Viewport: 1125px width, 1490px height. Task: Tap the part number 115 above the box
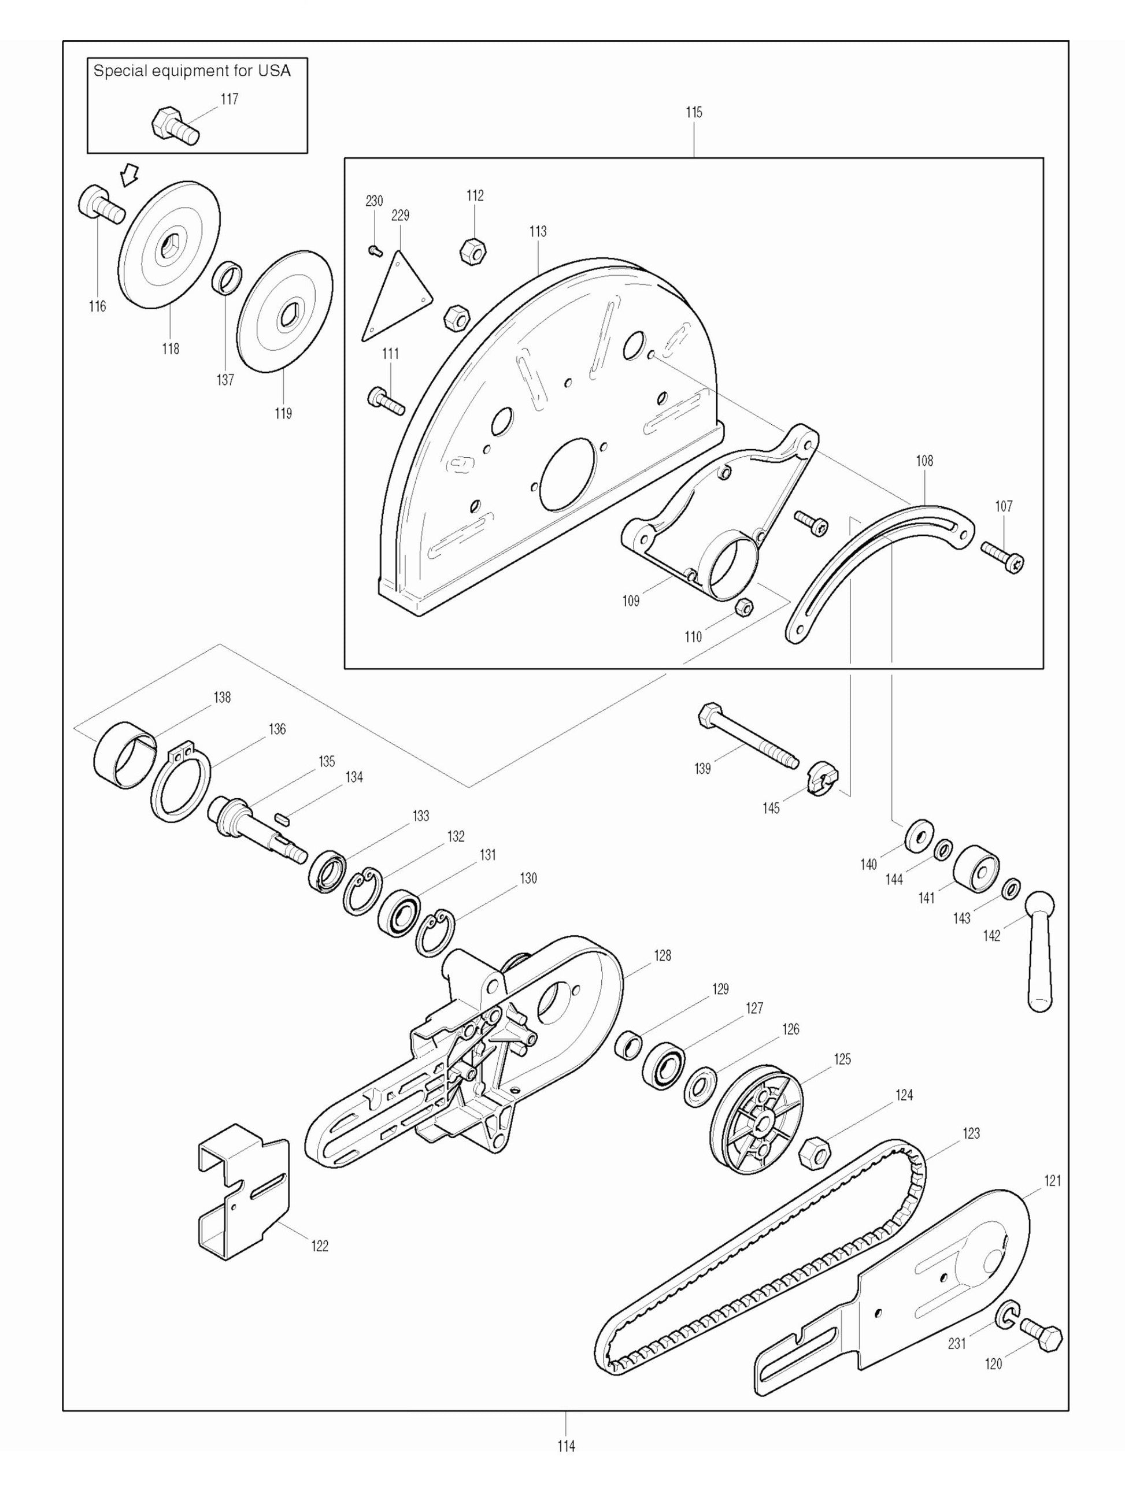(694, 113)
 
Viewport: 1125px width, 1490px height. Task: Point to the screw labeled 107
(1003, 558)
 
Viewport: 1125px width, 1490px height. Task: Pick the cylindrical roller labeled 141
(976, 868)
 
